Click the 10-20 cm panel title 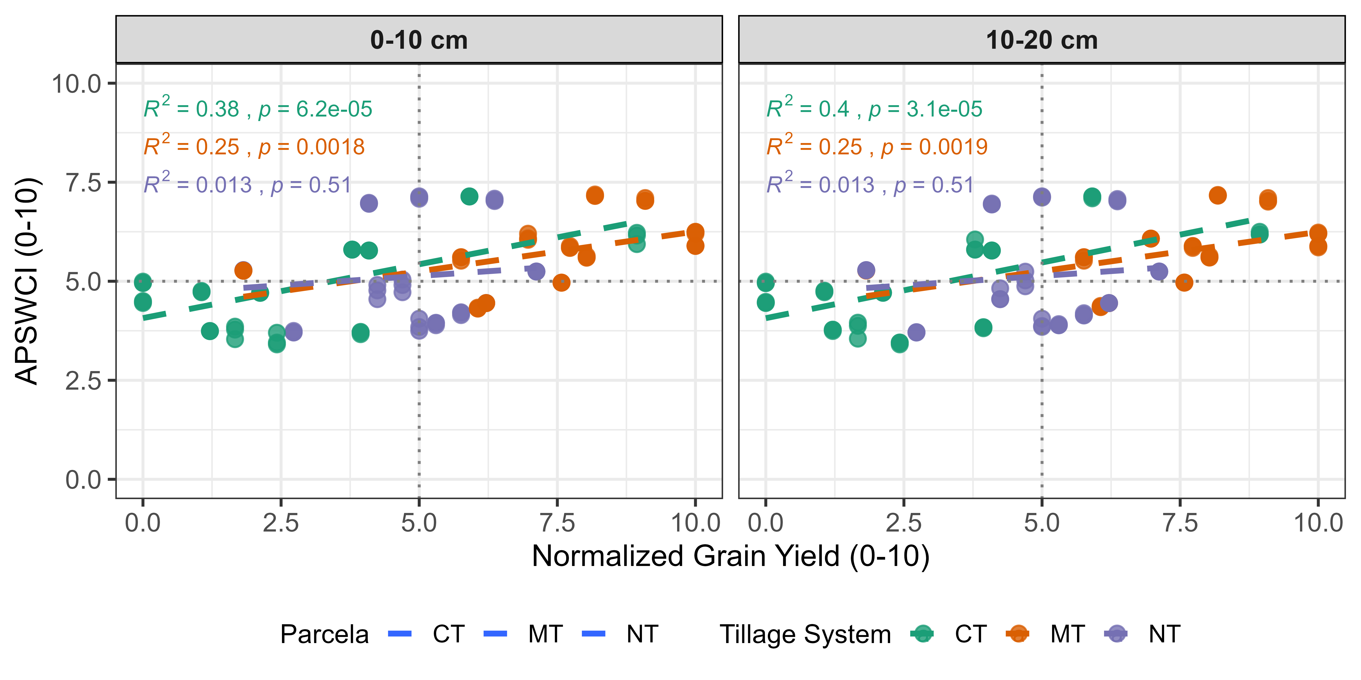point(1041,40)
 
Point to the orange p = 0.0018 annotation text point(312,147)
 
